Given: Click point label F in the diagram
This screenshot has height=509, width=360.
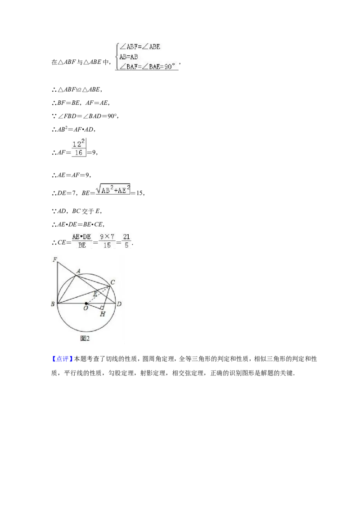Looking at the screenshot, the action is pyautogui.click(x=54, y=259).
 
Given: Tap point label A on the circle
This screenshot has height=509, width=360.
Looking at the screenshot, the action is pyautogui.click(x=78, y=271).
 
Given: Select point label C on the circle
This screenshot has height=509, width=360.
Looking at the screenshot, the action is pyautogui.click(x=113, y=282).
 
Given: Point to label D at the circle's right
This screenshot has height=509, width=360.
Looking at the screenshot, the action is pyautogui.click(x=119, y=304).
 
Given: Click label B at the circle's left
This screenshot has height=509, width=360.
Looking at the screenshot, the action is pyautogui.click(x=53, y=304).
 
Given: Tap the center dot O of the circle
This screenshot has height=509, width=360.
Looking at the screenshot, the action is pyautogui.click(x=86, y=304).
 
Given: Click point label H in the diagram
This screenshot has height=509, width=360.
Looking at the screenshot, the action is pyautogui.click(x=103, y=314).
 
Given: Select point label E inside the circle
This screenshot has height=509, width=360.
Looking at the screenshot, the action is pyautogui.click(x=95, y=294).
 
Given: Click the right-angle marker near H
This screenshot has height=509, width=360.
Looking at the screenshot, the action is pyautogui.click(x=102, y=308).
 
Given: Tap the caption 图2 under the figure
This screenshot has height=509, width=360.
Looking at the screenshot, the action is pyautogui.click(x=85, y=338).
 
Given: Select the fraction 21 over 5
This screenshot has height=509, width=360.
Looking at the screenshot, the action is pyautogui.click(x=126, y=241).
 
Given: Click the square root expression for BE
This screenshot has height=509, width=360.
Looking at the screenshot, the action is pyautogui.click(x=113, y=189).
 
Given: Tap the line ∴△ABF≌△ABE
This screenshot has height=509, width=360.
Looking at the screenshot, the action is pyautogui.click(x=77, y=89).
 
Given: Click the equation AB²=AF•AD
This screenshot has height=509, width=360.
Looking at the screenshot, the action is pyautogui.click(x=73, y=129).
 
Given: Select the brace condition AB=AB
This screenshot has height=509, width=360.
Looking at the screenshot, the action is pyautogui.click(x=129, y=57).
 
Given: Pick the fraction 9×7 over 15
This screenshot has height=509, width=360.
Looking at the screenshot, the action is pyautogui.click(x=107, y=241).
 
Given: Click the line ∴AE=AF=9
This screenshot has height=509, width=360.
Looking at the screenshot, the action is pyautogui.click(x=71, y=175).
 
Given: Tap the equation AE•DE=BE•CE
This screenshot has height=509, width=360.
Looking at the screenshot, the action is pyautogui.click(x=78, y=224).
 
